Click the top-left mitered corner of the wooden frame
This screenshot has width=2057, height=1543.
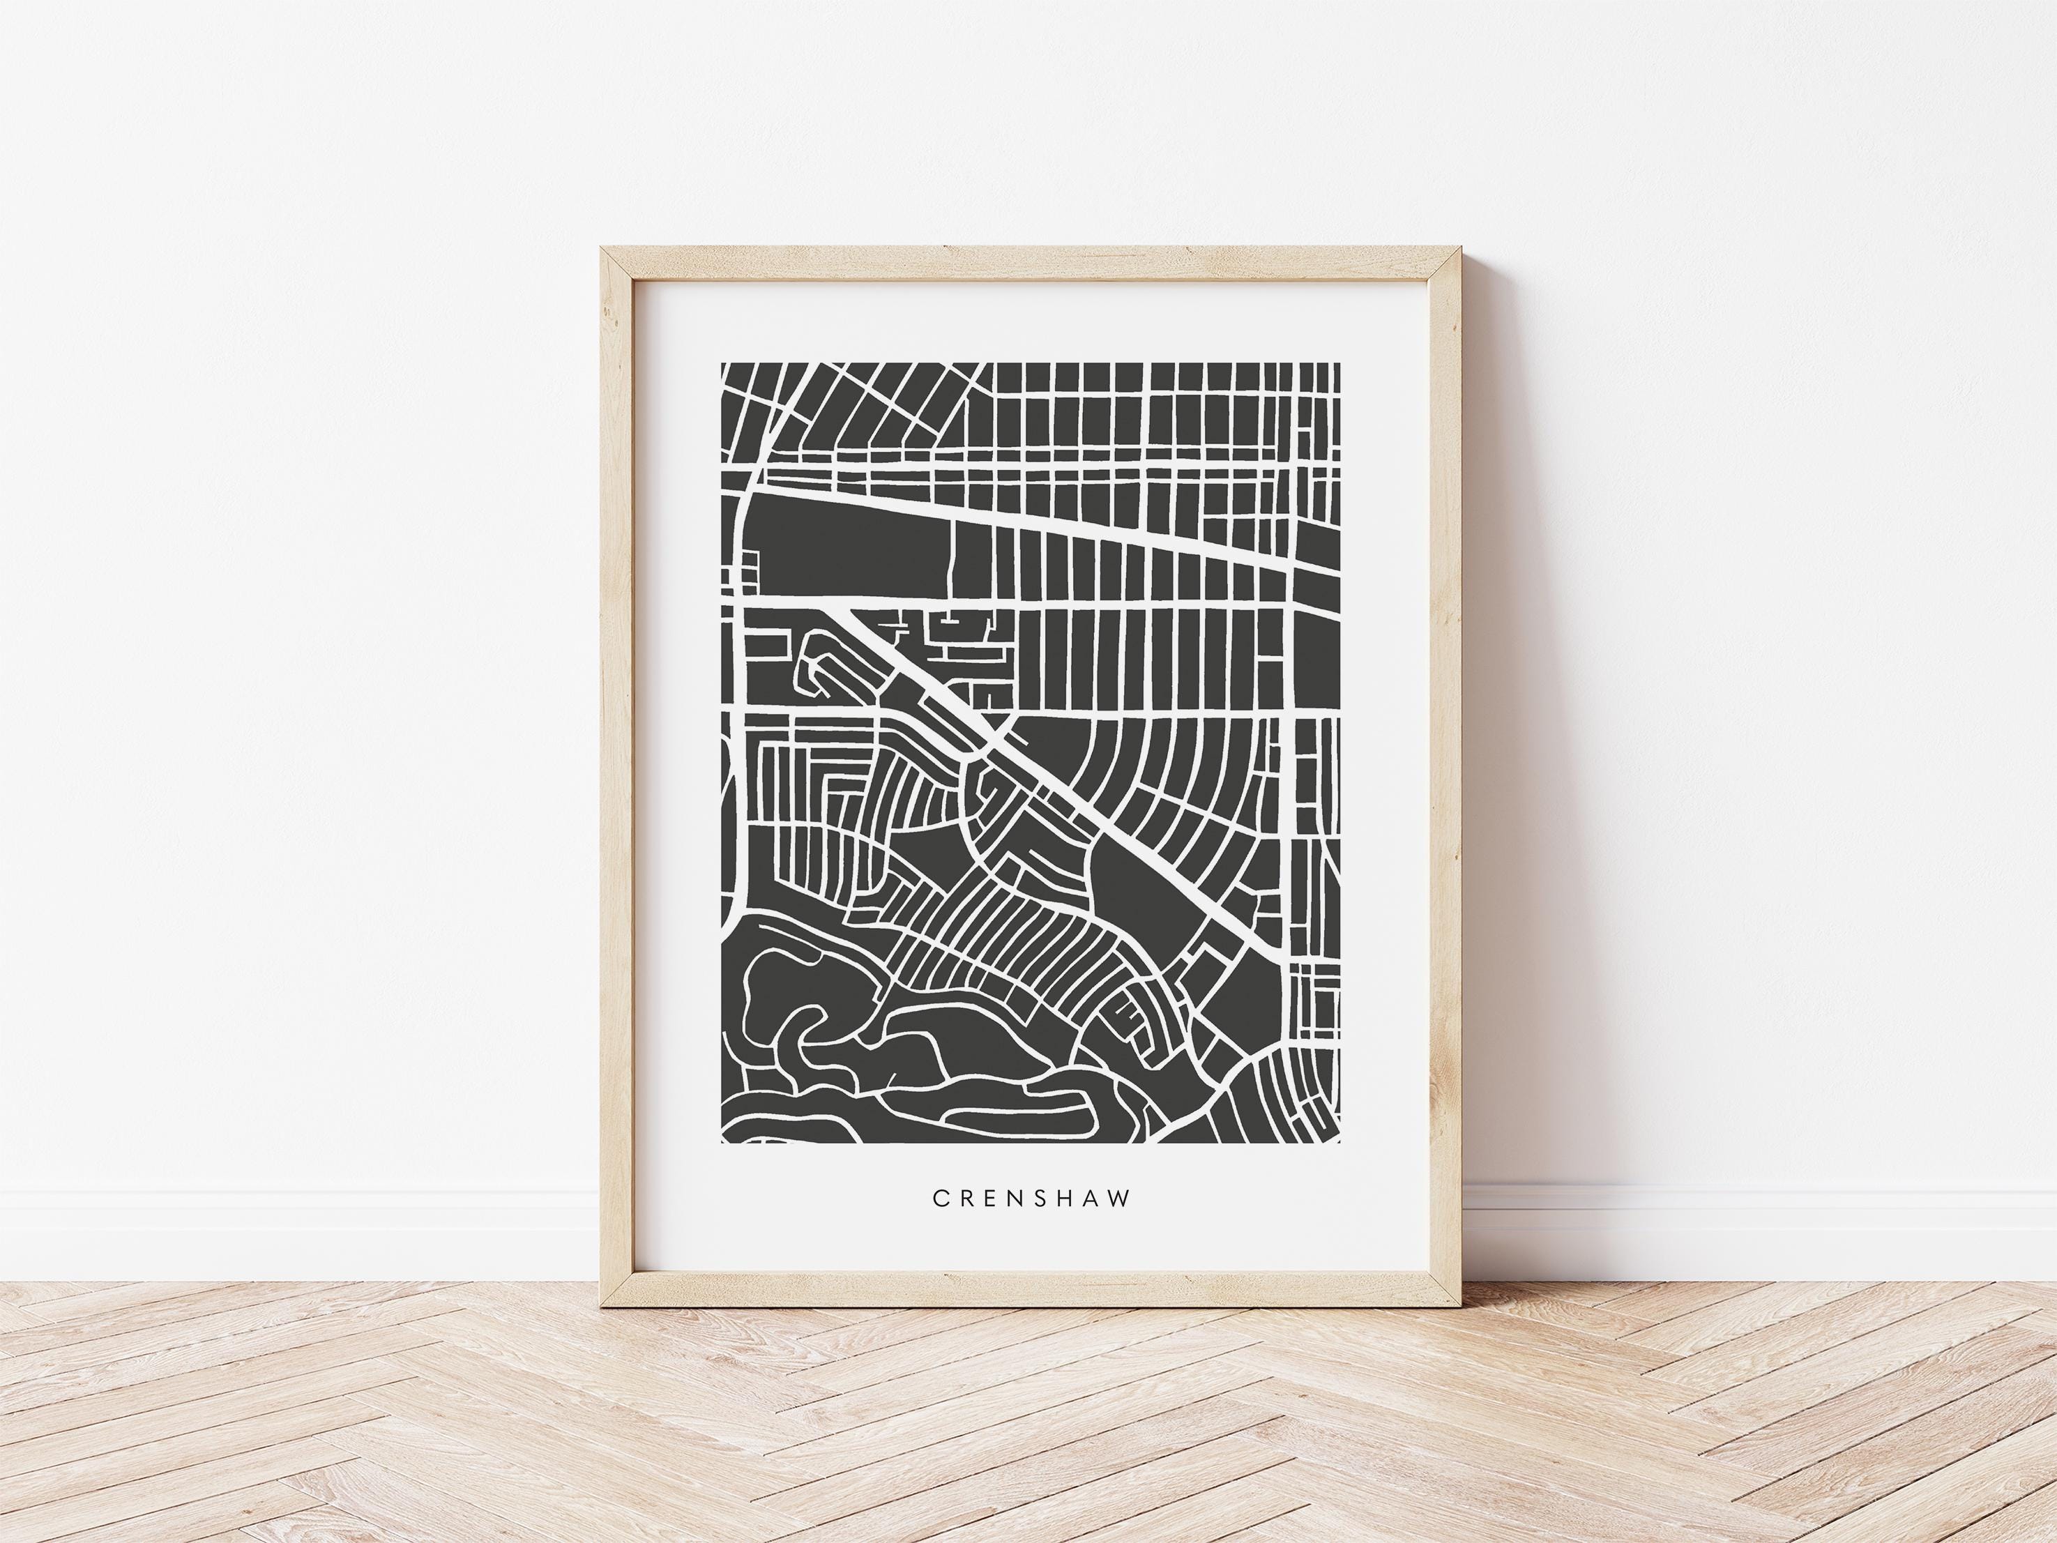pos(605,250)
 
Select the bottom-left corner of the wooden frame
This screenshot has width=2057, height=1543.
pos(605,1303)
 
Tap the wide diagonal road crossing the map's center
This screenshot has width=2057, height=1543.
pos(1051,791)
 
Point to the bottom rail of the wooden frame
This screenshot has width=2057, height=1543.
pos(1031,1292)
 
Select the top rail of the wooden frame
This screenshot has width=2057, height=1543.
pos(1031,261)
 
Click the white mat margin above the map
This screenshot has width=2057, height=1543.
pos(1031,321)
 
